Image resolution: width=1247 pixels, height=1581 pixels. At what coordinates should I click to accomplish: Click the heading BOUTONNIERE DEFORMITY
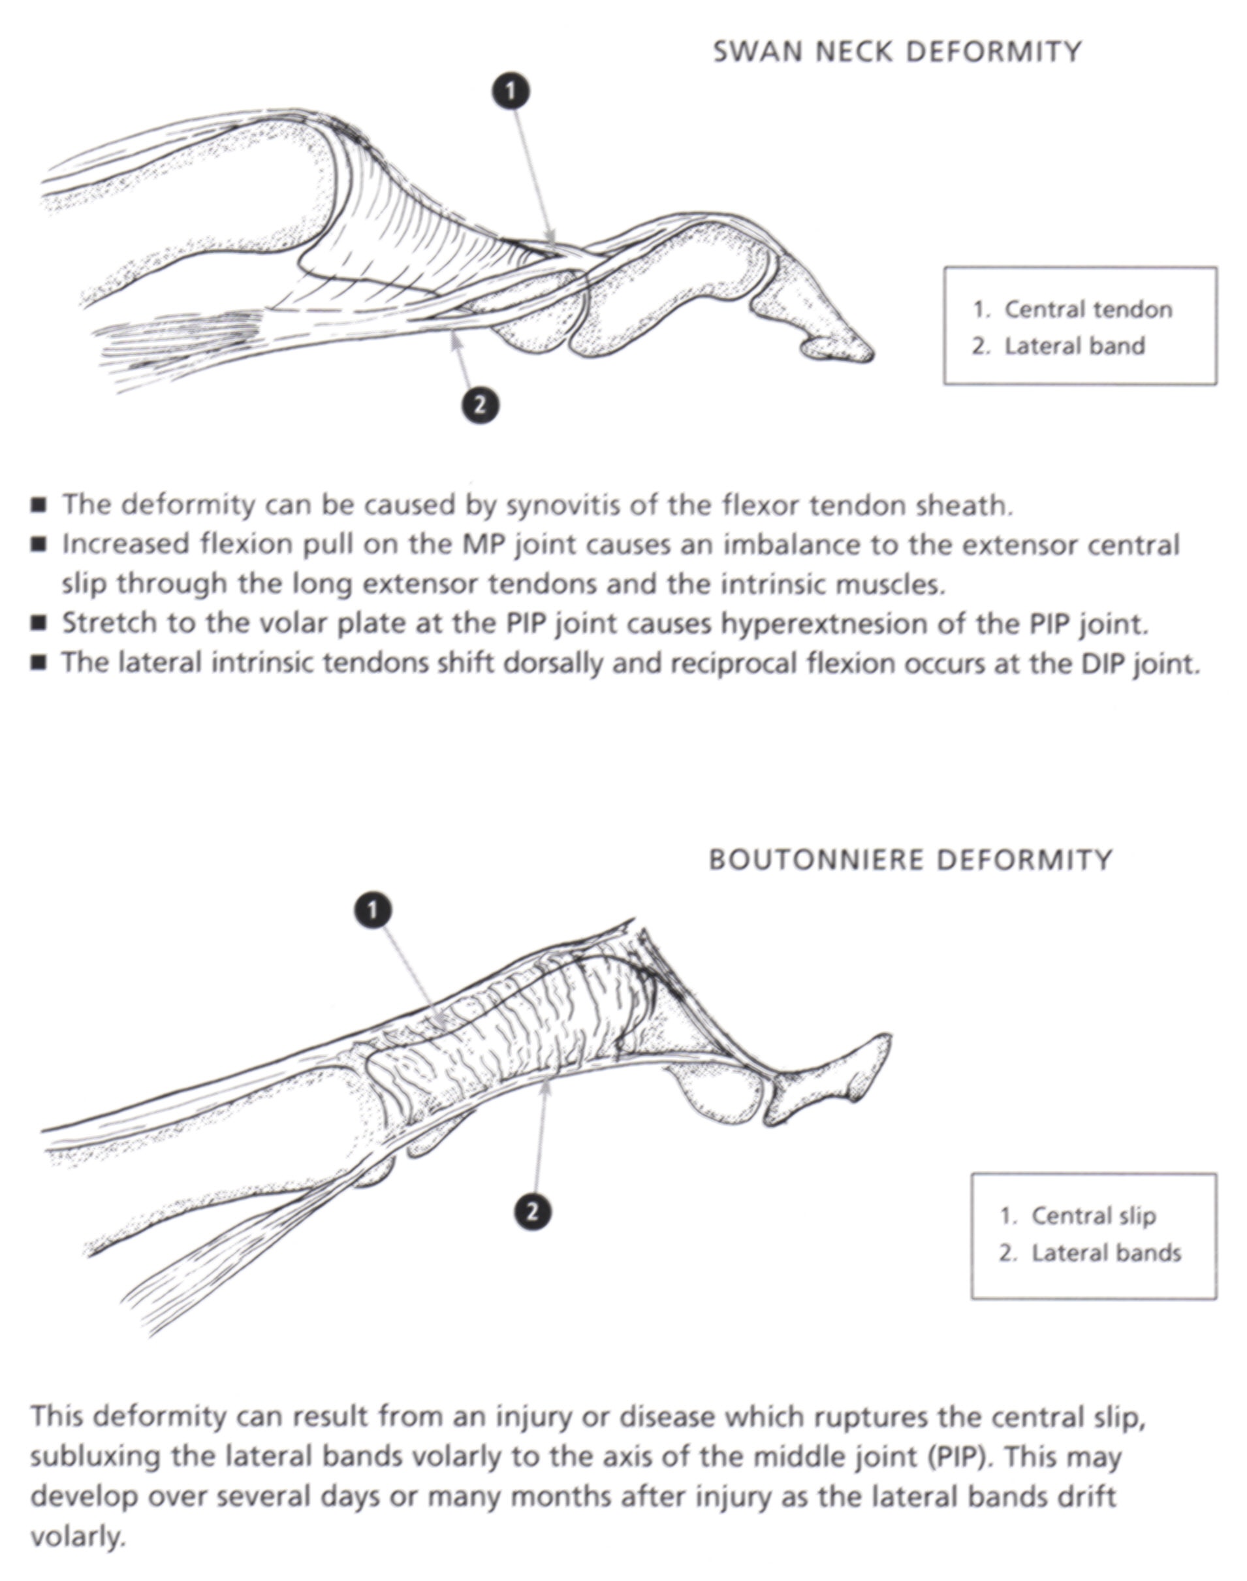pos(909,860)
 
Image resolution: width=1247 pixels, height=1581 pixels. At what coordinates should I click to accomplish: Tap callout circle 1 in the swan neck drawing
pos(511,91)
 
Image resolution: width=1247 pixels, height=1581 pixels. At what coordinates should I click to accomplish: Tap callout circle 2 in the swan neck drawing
pos(480,405)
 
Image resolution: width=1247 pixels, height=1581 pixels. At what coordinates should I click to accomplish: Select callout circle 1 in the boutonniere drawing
pos(372,910)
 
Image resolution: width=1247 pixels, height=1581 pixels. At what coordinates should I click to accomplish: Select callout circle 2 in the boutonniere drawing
pos(532,1212)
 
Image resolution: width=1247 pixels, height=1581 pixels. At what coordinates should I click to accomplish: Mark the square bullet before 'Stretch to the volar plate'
pos(39,623)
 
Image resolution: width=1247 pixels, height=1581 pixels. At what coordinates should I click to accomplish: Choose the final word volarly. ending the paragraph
pos(78,1538)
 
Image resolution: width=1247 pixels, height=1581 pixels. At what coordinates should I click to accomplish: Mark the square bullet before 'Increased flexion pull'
pos(39,544)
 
